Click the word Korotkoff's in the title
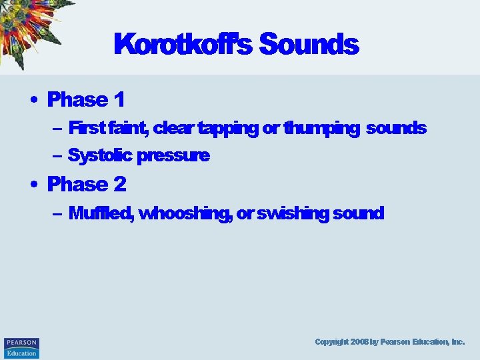[183, 45]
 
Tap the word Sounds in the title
[309, 45]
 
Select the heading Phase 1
[86, 100]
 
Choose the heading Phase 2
[87, 183]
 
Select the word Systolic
[100, 156]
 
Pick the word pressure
[173, 156]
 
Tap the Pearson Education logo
[21, 347]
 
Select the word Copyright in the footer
[331, 341]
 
